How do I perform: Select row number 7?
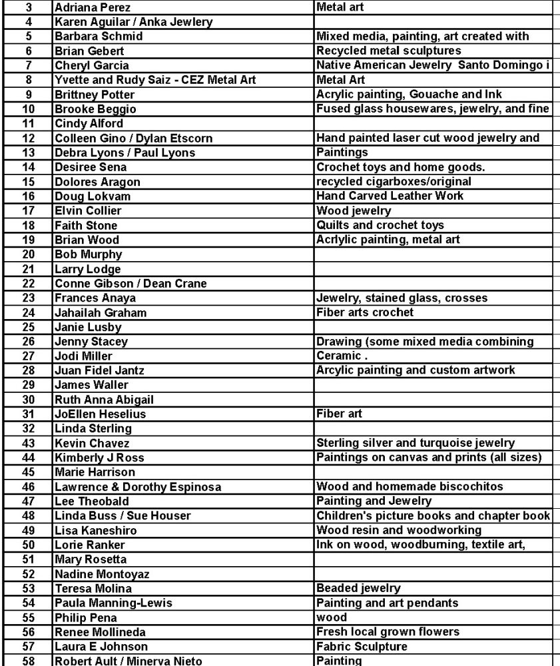tap(28, 65)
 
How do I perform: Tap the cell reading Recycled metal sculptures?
tap(389, 51)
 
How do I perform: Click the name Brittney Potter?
tap(94, 95)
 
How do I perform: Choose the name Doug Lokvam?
tap(89, 196)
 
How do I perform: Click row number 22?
tap(28, 283)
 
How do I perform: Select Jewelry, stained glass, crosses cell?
tap(402, 298)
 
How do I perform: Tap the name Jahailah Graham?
tap(100, 312)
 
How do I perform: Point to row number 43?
tap(28, 443)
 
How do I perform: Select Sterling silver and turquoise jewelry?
tap(416, 443)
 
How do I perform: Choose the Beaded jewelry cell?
tap(358, 588)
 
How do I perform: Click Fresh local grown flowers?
tap(388, 631)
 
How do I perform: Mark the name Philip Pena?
tap(85, 617)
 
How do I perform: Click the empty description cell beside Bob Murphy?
tap(433, 254)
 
